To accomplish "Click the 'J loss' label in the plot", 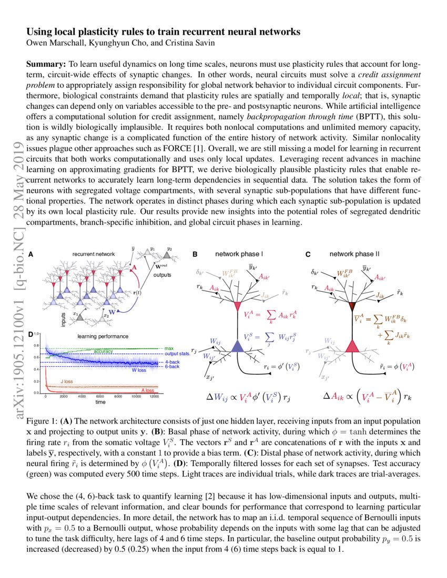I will [x=67, y=381].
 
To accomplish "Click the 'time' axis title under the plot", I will [x=100, y=402].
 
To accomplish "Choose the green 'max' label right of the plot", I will [x=169, y=348].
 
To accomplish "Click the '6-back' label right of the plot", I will [x=171, y=366].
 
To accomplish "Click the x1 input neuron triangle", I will [x=77, y=317].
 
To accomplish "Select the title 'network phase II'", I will [x=354, y=254].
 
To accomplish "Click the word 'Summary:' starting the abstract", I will [x=45, y=64].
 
